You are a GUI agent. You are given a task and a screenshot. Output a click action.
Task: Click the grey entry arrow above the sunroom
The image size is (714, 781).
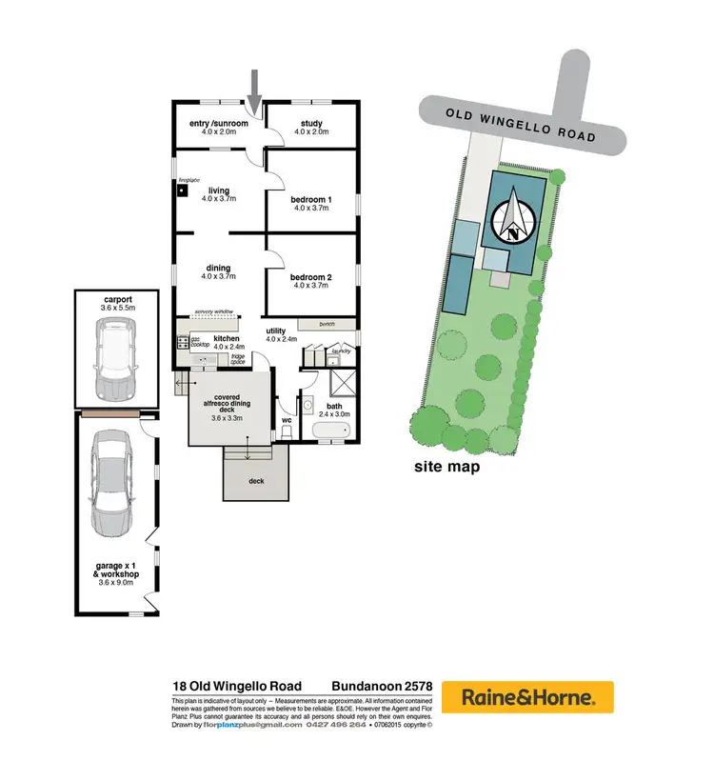(254, 90)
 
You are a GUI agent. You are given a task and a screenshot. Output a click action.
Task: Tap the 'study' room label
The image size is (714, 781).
(311, 123)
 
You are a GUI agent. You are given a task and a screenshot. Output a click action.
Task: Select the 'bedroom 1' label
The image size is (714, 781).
(311, 199)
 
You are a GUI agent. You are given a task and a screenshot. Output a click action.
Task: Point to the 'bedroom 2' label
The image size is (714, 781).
(311, 278)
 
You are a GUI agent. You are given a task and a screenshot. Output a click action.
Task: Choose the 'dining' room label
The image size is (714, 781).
(218, 269)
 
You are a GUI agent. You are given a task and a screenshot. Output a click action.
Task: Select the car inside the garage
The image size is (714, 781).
(113, 480)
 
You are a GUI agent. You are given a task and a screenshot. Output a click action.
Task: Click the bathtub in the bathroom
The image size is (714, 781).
(331, 432)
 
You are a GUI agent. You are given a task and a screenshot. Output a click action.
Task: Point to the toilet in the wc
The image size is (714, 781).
(287, 432)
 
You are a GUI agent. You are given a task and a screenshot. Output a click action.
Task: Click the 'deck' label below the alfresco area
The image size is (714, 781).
(256, 481)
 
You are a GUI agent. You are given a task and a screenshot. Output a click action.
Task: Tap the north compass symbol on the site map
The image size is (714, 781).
(515, 219)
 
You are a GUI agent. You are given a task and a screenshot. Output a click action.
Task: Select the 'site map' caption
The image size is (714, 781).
(446, 468)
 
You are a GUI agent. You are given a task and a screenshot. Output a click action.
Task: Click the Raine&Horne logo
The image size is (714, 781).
(528, 696)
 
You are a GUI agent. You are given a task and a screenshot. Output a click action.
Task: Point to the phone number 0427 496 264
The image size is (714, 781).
(336, 725)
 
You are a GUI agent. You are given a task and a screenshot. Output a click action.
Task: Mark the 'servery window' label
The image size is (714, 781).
(214, 311)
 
